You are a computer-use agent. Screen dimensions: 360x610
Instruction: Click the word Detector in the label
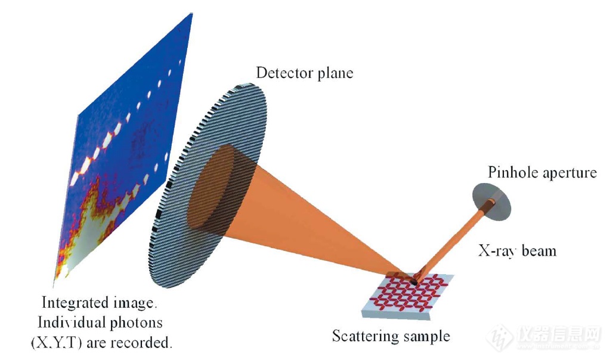coord(284,73)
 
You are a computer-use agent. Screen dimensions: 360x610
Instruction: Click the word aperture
coord(569,173)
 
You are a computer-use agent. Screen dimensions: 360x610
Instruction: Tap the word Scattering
coord(366,336)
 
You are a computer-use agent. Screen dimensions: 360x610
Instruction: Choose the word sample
coord(426,336)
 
